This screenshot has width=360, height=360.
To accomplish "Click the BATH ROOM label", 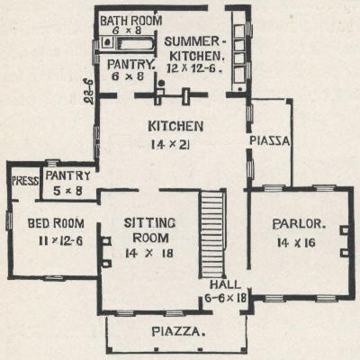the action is pos(130,21).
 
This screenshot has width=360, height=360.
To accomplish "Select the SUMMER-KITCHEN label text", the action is pos(194,49).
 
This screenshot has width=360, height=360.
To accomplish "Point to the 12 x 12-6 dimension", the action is pos(194,68).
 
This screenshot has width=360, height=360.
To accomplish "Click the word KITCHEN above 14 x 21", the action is pos(175,126).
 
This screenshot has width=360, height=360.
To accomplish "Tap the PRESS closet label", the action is pos(25,181).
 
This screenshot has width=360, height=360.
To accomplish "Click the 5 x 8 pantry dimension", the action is pos(67,191).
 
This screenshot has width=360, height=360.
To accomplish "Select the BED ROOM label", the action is pos(56,223).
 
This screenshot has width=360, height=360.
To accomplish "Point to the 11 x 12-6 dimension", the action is pos(60,240).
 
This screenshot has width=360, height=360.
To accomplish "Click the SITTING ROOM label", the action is pos(150,230).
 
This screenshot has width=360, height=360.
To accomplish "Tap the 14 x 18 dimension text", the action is pos(149,254).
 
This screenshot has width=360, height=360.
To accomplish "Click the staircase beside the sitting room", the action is pos(211,235).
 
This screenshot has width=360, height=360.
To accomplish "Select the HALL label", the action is pos(225,284).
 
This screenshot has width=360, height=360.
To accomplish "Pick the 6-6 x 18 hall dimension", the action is pos(226,298).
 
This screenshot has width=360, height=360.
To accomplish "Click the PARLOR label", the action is pos(299,224).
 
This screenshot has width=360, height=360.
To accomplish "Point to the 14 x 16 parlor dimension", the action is pos(296,242).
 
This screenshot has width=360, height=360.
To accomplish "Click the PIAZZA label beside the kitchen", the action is pos(270,141).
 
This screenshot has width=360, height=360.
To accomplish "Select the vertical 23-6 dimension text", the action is pos(89,91).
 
